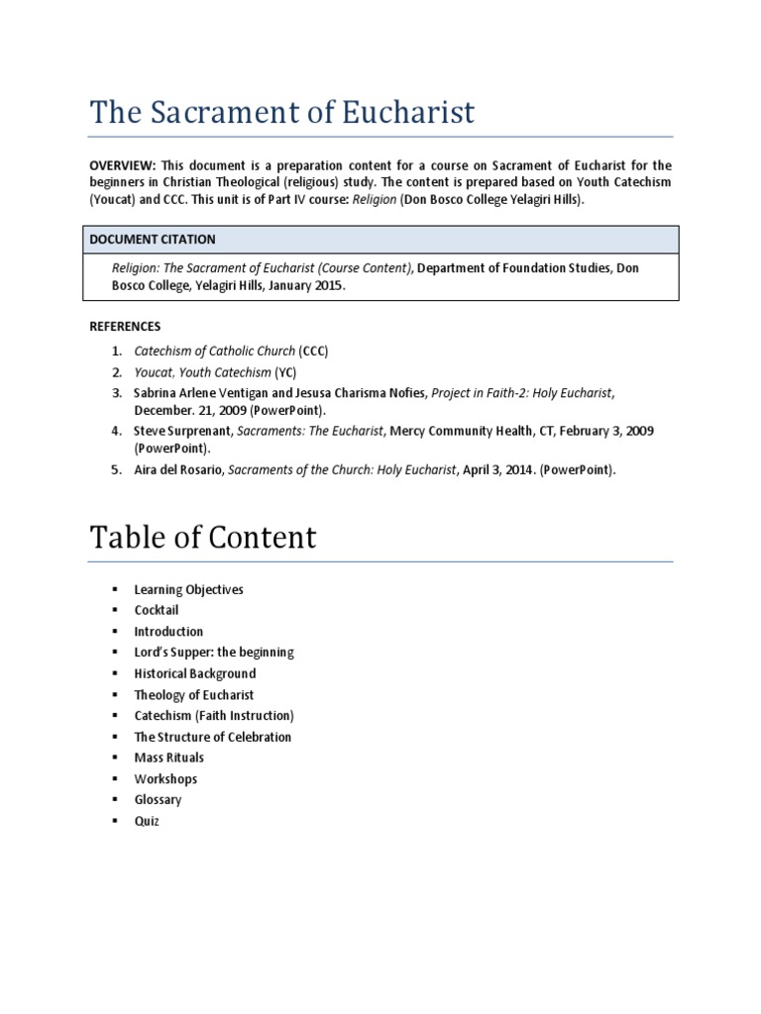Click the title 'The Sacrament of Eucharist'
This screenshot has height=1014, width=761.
click(x=282, y=113)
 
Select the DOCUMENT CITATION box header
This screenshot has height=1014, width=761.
click(x=153, y=240)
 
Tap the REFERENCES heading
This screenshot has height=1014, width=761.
click(x=125, y=326)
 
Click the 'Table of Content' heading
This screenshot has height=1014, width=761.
click(x=203, y=537)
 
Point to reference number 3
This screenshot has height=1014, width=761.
click(x=116, y=393)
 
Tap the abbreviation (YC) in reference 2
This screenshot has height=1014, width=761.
click(x=284, y=372)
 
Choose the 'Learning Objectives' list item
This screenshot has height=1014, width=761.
click(x=188, y=589)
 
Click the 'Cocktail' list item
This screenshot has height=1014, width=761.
click(x=157, y=610)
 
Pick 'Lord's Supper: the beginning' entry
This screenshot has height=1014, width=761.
click(x=214, y=653)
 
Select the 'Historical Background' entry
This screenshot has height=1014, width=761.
click(x=194, y=673)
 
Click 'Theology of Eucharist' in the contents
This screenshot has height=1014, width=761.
click(x=194, y=695)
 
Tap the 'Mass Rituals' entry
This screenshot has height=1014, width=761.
click(x=168, y=758)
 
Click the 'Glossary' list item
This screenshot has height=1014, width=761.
click(x=158, y=800)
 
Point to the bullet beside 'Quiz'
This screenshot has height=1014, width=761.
click(x=116, y=821)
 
